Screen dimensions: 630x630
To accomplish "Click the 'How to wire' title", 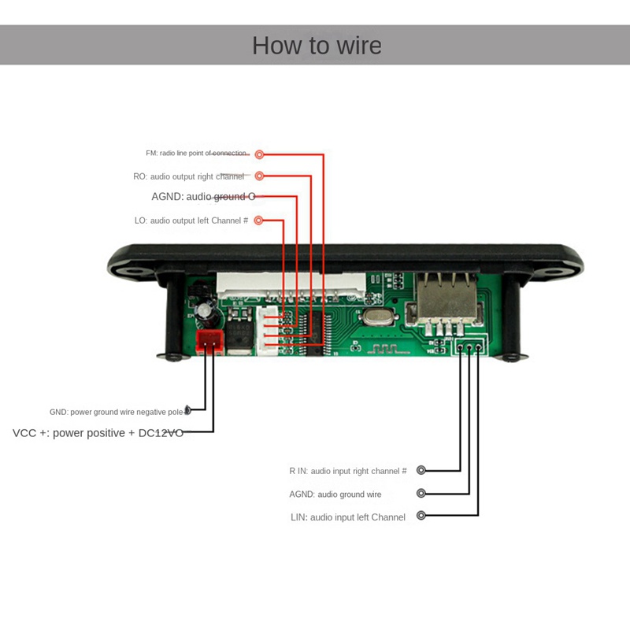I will [x=317, y=46].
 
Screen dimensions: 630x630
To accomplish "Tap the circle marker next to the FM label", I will [x=259, y=154].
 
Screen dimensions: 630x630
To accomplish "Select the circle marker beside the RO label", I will [x=259, y=176].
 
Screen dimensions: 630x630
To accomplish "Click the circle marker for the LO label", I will [x=259, y=220].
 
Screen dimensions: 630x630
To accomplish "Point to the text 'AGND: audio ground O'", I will [x=203, y=197].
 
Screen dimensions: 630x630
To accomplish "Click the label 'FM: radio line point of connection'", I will [x=197, y=154].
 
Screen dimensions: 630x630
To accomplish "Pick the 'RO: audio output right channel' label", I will [x=189, y=177].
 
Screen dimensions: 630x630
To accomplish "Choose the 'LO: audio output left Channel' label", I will [x=191, y=221].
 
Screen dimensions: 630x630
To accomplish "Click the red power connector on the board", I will [x=209, y=340].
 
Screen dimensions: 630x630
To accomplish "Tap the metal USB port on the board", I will [x=448, y=299].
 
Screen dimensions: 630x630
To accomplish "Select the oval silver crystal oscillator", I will [x=375, y=318].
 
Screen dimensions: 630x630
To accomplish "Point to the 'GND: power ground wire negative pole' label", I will [x=116, y=412].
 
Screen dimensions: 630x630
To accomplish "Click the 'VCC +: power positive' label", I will [x=98, y=433].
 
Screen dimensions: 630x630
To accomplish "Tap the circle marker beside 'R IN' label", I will [x=421, y=470].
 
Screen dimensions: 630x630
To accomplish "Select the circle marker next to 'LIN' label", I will [x=421, y=516].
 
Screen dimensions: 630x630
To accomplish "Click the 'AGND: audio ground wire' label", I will [x=335, y=495].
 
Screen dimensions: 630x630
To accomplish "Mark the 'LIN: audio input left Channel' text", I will [x=348, y=517].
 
